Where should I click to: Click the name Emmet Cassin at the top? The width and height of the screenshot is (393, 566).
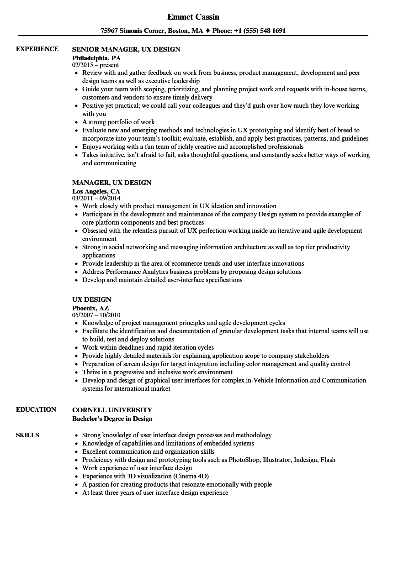(193, 17)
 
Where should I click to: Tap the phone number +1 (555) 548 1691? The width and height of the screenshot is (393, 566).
(258, 31)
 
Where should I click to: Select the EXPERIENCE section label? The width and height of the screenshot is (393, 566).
(37, 49)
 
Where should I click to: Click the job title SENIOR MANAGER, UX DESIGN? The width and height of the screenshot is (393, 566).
(126, 49)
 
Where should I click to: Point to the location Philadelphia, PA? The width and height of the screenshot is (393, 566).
(96, 58)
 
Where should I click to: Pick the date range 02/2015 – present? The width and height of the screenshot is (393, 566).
(96, 65)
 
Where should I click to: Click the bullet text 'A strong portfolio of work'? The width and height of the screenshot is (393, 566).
(118, 122)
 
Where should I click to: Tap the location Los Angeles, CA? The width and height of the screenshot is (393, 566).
(96, 191)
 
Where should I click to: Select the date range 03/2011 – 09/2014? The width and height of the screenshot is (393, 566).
(96, 199)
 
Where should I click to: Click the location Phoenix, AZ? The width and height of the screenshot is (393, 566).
(90, 308)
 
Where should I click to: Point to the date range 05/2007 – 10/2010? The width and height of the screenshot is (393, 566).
(96, 315)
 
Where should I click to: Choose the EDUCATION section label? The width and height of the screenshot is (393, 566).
(36, 409)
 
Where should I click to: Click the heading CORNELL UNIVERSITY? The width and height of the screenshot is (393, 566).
(112, 410)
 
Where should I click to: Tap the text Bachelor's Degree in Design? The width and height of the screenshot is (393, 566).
(112, 419)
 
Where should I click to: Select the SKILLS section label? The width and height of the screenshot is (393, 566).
(27, 435)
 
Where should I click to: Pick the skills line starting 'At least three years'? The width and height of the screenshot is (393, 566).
(155, 493)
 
